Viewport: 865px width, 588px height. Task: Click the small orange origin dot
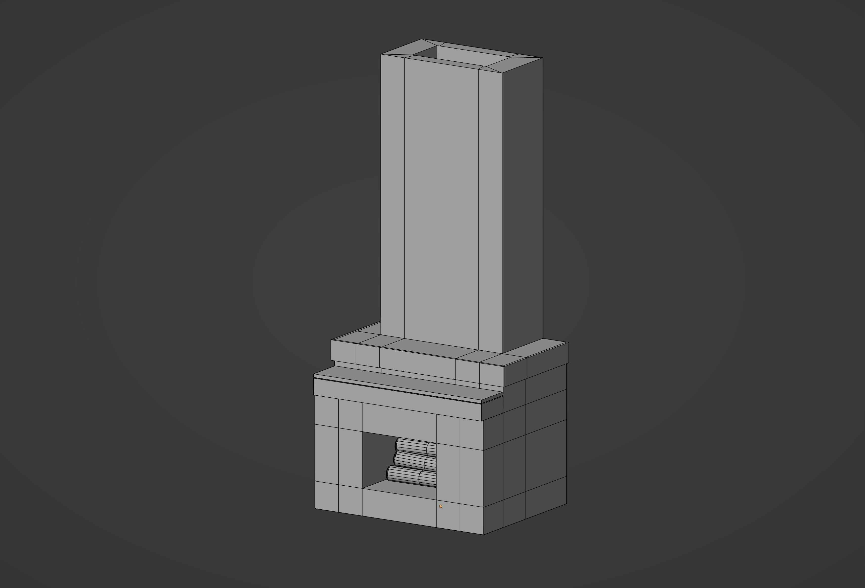click(x=441, y=506)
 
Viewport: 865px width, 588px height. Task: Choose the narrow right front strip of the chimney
click(x=490, y=208)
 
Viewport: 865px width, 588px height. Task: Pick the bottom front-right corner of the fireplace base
click(x=484, y=534)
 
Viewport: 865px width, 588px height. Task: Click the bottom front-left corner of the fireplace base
click(x=315, y=508)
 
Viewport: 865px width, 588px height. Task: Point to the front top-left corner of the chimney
click(x=381, y=54)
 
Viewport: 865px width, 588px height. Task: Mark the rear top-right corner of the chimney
click(x=543, y=58)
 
